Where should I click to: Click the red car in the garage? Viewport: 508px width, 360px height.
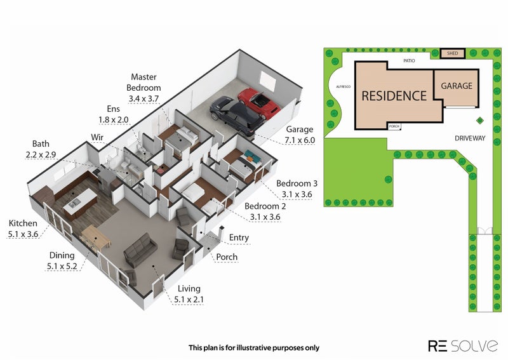point(258,103)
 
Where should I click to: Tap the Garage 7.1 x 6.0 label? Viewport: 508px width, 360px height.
point(300,135)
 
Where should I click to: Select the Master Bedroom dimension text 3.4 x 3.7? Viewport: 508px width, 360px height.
point(144,98)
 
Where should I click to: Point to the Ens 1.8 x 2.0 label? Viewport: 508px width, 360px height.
point(114,114)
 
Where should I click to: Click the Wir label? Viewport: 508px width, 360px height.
point(97,137)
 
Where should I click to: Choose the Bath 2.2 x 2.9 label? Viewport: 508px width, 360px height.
point(41,149)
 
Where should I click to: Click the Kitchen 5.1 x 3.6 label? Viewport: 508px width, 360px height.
point(23,229)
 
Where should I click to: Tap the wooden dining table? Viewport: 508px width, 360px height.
point(96,239)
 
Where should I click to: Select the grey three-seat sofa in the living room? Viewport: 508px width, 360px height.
point(140,250)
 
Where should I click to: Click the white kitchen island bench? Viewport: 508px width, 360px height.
point(80,203)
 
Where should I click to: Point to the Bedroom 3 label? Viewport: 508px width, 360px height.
point(297,183)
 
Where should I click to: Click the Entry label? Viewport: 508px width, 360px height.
point(239,237)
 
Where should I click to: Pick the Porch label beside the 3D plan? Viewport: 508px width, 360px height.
point(227,257)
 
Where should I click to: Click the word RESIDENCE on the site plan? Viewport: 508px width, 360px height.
point(394,96)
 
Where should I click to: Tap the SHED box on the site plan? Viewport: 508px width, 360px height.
point(452,53)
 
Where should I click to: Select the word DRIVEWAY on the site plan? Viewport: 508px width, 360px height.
point(470,138)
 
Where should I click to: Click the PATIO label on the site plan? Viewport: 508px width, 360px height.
point(409,60)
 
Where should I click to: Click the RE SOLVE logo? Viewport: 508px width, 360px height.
point(463,346)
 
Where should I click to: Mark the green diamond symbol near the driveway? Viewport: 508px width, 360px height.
point(480,121)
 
